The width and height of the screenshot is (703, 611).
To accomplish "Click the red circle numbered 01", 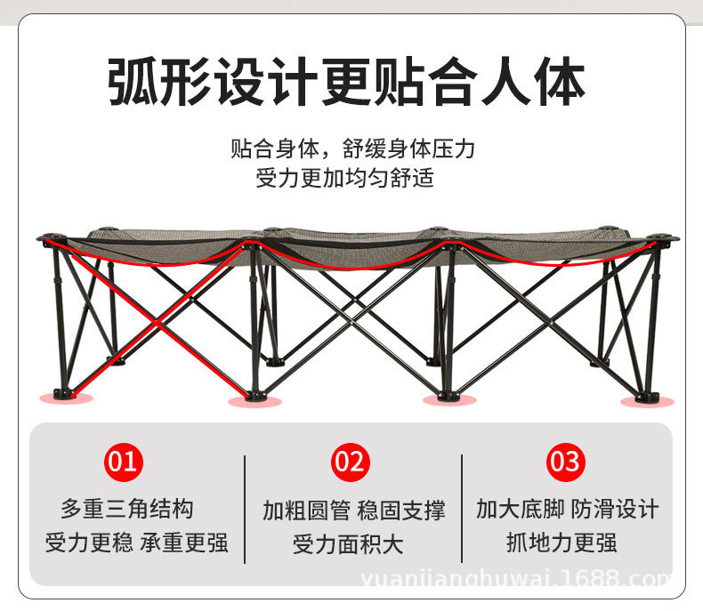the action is (125, 462).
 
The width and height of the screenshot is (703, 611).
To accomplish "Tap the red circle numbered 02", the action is (351, 462).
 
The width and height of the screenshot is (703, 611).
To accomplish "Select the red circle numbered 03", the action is (564, 462).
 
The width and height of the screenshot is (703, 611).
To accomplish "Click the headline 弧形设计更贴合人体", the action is (347, 83).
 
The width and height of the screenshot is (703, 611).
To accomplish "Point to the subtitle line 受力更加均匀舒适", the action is (345, 178).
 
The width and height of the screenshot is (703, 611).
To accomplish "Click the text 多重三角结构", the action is (127, 510).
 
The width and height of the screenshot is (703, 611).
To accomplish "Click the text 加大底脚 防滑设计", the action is (567, 510).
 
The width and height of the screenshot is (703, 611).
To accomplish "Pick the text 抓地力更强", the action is (562, 543).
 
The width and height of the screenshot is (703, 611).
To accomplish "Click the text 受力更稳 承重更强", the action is (136, 543).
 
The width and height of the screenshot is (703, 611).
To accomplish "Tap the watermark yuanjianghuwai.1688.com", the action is (529, 582).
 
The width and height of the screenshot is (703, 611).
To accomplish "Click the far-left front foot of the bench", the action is (61, 393).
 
